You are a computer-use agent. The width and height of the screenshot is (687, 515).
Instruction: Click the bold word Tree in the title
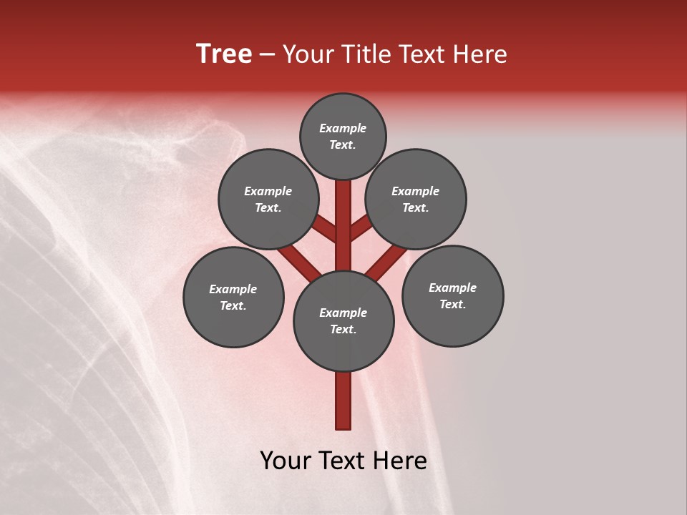[x=224, y=54]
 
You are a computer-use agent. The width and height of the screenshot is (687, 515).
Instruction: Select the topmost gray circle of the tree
[x=343, y=136]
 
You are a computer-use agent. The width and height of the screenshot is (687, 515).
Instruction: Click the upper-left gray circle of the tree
[x=268, y=199]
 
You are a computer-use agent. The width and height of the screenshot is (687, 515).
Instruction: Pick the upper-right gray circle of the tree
[x=416, y=199]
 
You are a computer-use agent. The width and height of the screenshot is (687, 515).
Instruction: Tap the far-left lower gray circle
[x=233, y=297]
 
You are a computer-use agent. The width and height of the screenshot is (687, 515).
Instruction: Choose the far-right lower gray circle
[x=452, y=295]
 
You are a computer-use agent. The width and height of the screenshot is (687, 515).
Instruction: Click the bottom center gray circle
[x=343, y=320]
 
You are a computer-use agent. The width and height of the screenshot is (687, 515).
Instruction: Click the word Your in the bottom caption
[x=284, y=461]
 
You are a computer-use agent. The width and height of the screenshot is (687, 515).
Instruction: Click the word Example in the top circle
[x=343, y=128]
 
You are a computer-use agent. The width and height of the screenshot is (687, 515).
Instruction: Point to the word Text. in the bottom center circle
[x=343, y=329]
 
